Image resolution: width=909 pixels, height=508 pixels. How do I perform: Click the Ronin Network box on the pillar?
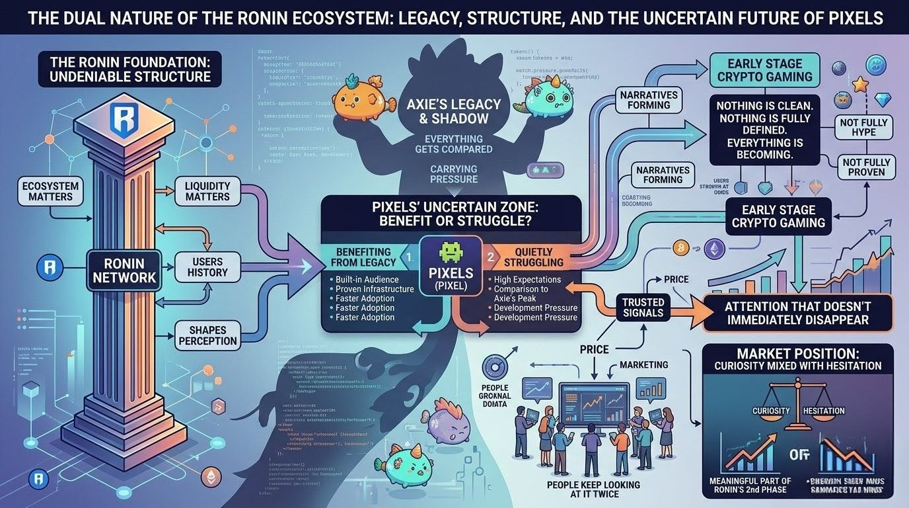click(124, 268)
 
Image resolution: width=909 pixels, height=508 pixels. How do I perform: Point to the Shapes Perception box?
click(207, 335)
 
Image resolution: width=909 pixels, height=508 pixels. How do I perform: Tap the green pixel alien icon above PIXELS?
click(451, 253)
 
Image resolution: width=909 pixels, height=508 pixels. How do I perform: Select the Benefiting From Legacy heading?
click(363, 257)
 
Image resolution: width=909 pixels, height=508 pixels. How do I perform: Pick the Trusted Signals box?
click(643, 307)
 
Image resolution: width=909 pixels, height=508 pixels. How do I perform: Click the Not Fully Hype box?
click(867, 127)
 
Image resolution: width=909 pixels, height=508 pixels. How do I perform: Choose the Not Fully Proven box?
click(867, 167)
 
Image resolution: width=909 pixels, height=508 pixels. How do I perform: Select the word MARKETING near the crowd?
click(643, 365)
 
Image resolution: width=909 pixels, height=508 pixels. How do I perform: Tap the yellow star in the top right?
click(859, 84)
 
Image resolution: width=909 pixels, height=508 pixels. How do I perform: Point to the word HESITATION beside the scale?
click(823, 411)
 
